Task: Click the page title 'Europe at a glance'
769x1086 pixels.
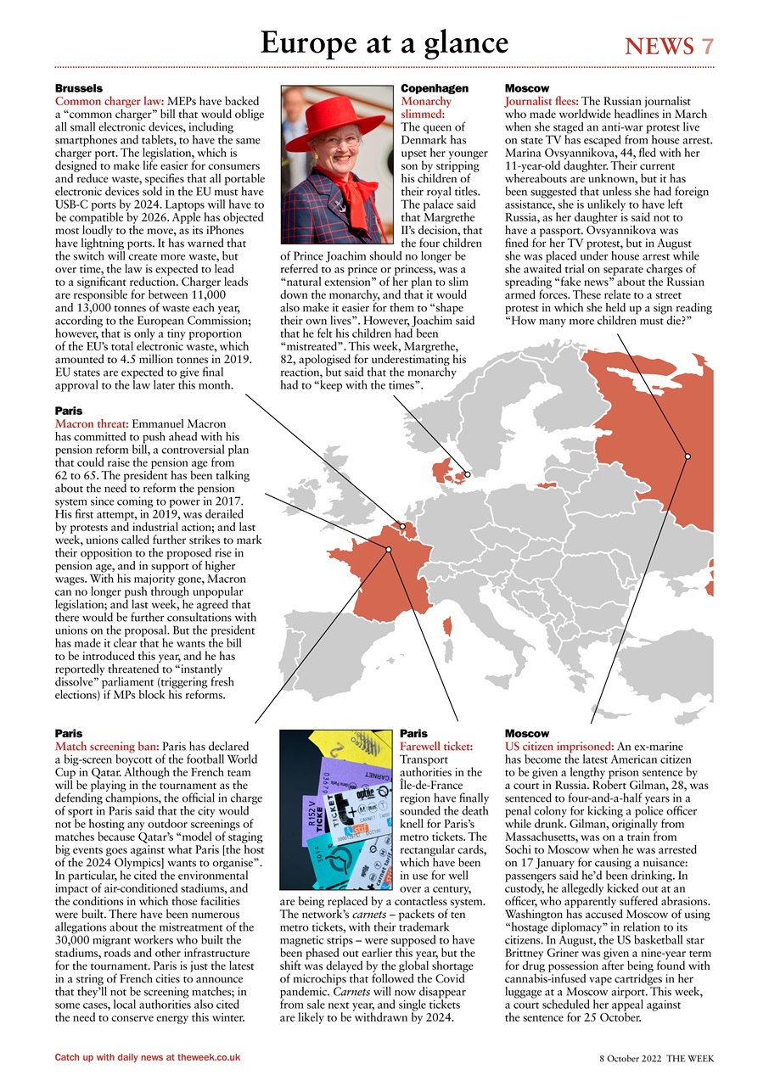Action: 384,42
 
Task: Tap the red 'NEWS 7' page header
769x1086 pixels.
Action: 669,47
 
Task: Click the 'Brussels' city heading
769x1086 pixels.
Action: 79,88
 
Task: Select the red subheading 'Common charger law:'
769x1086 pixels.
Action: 109,101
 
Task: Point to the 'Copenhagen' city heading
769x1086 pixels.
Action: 434,88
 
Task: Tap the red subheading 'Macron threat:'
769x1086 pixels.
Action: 92,423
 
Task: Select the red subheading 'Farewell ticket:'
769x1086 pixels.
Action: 436,746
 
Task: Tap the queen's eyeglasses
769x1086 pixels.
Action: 336,141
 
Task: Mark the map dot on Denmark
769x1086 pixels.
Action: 467,473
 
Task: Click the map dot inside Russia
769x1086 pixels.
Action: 688,456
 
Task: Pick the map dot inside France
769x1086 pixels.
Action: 389,550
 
